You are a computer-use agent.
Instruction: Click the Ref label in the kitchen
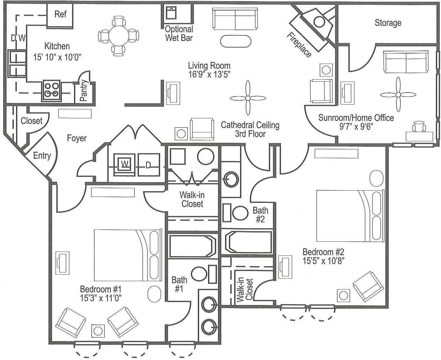(x=60, y=14)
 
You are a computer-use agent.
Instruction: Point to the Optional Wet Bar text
(x=179, y=33)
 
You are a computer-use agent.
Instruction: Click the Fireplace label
(x=299, y=45)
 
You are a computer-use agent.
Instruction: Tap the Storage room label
(x=388, y=23)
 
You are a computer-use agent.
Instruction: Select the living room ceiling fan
(x=248, y=98)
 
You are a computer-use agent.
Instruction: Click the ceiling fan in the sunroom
(x=398, y=94)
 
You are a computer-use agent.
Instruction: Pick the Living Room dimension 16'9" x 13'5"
(x=209, y=74)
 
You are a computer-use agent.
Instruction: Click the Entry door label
(x=42, y=155)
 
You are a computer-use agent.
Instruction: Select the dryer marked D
(x=148, y=165)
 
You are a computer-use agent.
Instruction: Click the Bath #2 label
(x=260, y=215)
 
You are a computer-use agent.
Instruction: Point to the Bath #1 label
(x=179, y=284)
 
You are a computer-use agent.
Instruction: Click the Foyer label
(x=77, y=138)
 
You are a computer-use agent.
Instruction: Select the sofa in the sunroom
(x=405, y=62)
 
